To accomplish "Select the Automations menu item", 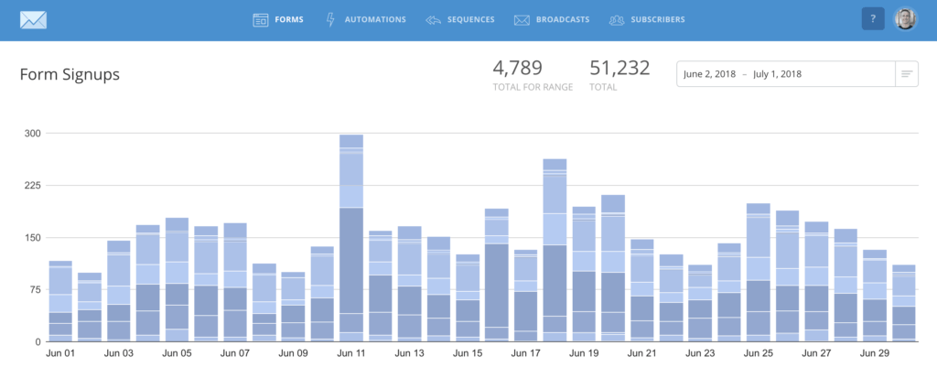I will click(365, 19).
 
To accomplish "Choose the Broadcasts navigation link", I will click(551, 19).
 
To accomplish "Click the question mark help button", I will click(873, 19).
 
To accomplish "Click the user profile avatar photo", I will click(905, 19).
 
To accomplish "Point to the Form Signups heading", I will click(70, 74).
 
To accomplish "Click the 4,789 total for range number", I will click(517, 68).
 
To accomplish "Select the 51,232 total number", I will click(619, 68).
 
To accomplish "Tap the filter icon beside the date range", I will click(907, 73).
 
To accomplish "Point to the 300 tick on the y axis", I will click(32, 134).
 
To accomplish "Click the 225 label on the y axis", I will click(32, 186).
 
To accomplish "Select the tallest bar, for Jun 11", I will click(351, 238).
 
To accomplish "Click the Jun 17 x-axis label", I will click(525, 352).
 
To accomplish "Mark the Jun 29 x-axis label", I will click(874, 352).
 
